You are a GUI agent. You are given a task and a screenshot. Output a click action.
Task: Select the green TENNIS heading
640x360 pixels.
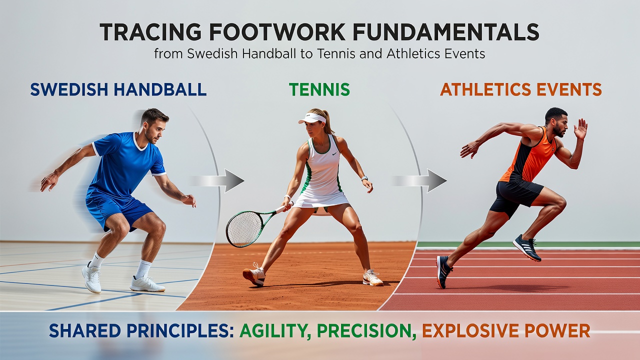coord(319,89)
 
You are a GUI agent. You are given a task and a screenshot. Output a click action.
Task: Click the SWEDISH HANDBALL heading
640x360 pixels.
coord(118,89)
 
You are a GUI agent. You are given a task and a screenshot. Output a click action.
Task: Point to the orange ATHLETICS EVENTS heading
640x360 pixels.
coord(521,89)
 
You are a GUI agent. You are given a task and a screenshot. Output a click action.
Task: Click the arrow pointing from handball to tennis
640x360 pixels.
coord(216,180)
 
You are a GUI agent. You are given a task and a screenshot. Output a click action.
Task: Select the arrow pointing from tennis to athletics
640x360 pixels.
coord(419,180)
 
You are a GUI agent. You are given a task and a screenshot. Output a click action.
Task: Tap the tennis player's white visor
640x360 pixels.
coord(312,118)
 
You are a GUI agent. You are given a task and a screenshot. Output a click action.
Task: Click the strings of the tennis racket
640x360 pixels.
coord(244,229)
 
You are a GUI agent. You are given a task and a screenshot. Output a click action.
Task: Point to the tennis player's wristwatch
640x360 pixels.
coord(364,178)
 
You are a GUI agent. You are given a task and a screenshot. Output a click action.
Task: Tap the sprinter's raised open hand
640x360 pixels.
coord(580,129)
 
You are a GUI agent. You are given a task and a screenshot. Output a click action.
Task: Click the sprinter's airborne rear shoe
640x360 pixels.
coord(527,248)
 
